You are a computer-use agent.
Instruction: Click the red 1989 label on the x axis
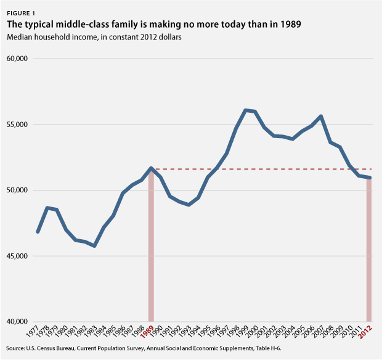[x=148, y=331]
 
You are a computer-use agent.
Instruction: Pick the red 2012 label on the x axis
[x=367, y=331]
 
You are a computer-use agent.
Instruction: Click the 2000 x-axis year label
[x=253, y=331]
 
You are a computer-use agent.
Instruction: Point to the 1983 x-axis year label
[x=92, y=331]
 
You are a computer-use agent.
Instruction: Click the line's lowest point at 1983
[x=94, y=246]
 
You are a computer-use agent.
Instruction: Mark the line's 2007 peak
[x=321, y=116]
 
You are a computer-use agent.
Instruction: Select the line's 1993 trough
[x=189, y=205]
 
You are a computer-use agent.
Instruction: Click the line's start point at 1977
[x=38, y=232]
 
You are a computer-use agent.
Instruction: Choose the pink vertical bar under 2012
[x=369, y=259]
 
